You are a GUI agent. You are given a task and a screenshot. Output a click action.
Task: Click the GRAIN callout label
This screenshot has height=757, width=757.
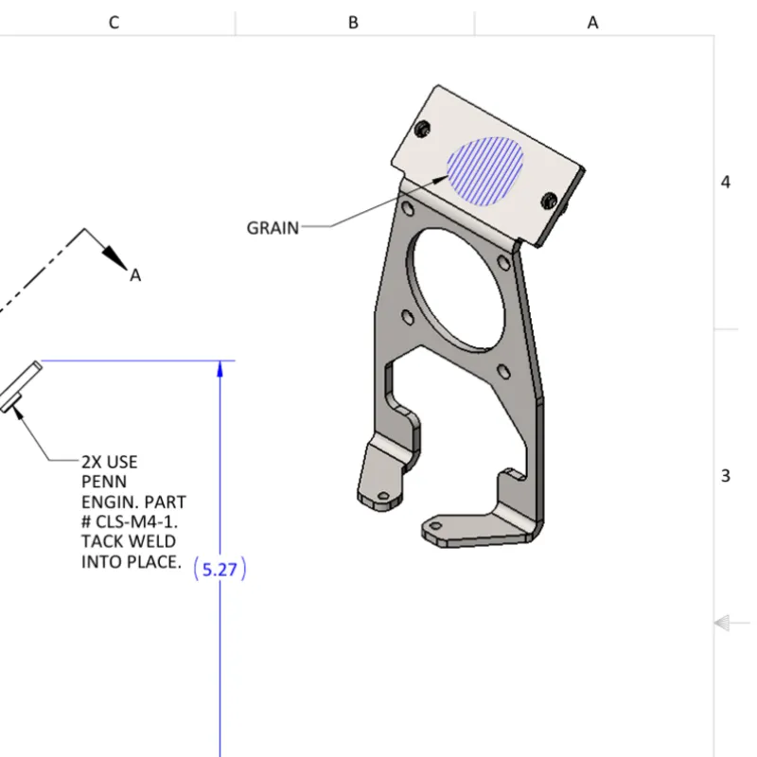pos(273,228)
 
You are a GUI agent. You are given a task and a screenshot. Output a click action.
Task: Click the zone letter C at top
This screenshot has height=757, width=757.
pos(114,22)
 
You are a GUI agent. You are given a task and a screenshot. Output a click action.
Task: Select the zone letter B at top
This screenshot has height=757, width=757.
pos(353,22)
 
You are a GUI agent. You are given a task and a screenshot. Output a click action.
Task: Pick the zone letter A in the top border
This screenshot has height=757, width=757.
pos(593,22)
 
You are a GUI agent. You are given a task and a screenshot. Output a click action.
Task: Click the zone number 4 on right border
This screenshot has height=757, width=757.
pos(726,182)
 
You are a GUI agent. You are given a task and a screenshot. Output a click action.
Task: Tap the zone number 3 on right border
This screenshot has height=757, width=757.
pos(726,475)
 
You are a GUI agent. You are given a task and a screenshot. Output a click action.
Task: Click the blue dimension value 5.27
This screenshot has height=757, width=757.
pos(220,570)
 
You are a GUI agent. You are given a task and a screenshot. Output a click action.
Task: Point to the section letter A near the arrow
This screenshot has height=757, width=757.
pos(135,275)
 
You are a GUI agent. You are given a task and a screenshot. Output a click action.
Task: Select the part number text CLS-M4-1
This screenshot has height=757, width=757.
pos(143,522)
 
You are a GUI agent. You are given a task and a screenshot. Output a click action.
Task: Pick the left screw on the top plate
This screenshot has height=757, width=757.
pos(424,127)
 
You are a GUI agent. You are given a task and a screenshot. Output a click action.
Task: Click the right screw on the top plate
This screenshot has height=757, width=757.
pos(550,200)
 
